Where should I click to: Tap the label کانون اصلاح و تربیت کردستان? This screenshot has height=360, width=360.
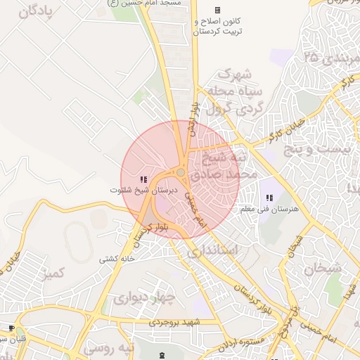[219, 27]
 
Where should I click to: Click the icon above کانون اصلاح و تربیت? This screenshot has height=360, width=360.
[217, 10]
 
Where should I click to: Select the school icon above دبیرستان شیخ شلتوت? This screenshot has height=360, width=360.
[143, 179]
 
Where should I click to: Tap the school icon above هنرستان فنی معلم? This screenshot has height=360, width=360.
[269, 198]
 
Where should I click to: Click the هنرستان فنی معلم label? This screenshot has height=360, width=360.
[269, 210]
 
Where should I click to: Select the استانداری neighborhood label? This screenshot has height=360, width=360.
[215, 250]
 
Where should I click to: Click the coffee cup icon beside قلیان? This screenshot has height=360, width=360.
[11, 328]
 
